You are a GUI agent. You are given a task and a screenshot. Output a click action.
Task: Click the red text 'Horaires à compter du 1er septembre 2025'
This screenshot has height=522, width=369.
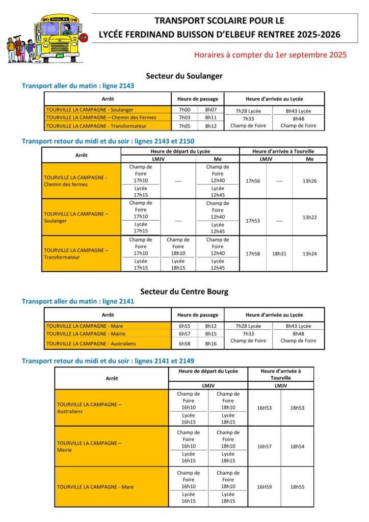coord(270,55)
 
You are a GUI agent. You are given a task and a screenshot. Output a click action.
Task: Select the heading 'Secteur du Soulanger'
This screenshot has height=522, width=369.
coord(184,76)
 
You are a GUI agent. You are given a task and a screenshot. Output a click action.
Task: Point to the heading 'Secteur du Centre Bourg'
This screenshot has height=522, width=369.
coord(184,292)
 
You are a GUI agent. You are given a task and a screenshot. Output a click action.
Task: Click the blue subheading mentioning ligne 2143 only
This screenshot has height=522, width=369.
coord(78,86)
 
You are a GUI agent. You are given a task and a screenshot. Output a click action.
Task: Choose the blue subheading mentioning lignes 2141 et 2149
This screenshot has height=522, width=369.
coord(108,361)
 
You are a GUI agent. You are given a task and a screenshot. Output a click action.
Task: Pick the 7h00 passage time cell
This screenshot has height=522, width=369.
coord(184,110)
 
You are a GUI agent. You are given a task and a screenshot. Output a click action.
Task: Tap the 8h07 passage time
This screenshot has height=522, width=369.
coord(211,110)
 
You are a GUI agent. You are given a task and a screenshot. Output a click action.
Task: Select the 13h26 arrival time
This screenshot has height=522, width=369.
coord(309,181)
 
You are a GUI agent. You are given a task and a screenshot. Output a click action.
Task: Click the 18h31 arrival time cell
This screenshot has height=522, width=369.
coord(279,253)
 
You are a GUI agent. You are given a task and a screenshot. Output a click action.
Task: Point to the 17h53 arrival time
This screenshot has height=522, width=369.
coord(253,221)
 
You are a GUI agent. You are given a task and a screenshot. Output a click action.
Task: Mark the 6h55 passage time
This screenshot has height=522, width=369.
coord(184,326)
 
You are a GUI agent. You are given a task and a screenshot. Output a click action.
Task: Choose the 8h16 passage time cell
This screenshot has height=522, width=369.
coord(211,344)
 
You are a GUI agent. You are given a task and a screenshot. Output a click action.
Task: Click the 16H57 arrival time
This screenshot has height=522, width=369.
coord(264,447)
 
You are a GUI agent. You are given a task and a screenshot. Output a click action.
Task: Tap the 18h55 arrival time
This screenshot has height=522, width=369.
coord(297,487)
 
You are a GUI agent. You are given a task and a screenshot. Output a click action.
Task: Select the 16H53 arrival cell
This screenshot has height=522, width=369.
coord(264,408)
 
